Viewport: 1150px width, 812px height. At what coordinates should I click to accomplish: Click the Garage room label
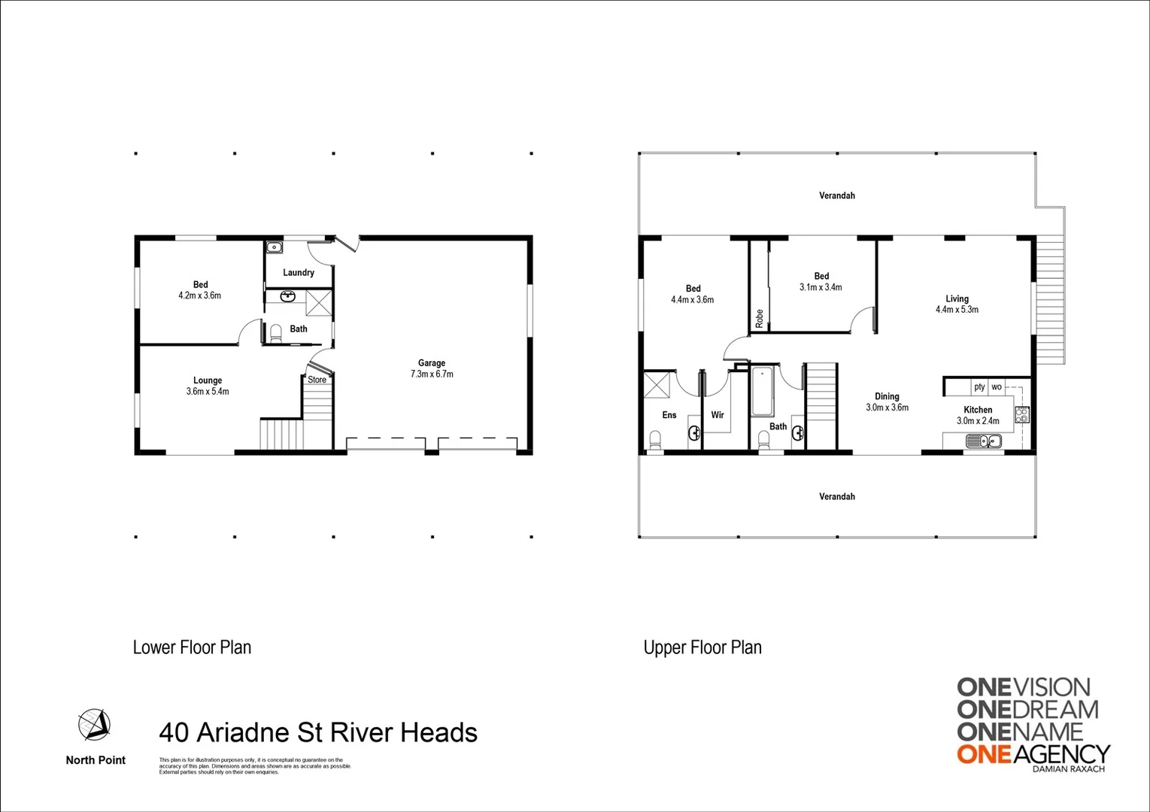(431, 363)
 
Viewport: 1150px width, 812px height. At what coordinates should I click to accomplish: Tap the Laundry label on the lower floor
(299, 273)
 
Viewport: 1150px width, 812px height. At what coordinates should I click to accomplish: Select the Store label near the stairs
(317, 380)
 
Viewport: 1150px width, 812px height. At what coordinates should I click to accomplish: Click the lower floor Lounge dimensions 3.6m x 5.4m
(208, 392)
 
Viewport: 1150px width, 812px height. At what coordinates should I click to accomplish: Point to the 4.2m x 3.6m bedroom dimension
(200, 295)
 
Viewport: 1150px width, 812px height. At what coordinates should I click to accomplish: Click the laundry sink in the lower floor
(274, 247)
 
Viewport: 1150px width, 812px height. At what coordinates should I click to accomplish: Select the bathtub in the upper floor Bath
(762, 391)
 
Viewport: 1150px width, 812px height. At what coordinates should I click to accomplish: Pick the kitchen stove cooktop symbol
(1021, 414)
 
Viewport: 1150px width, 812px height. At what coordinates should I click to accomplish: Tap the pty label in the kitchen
(979, 387)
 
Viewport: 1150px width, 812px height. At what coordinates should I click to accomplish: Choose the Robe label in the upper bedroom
(759, 318)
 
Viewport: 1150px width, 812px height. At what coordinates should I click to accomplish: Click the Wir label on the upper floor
(718, 415)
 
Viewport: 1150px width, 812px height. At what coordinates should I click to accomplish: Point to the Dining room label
(887, 396)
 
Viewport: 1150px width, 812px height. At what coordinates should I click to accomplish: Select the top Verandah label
(836, 195)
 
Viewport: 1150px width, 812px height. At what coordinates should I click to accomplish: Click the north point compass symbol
(95, 724)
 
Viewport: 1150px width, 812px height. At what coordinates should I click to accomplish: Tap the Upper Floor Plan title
(702, 647)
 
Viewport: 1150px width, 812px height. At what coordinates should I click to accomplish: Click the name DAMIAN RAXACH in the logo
(1069, 769)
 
